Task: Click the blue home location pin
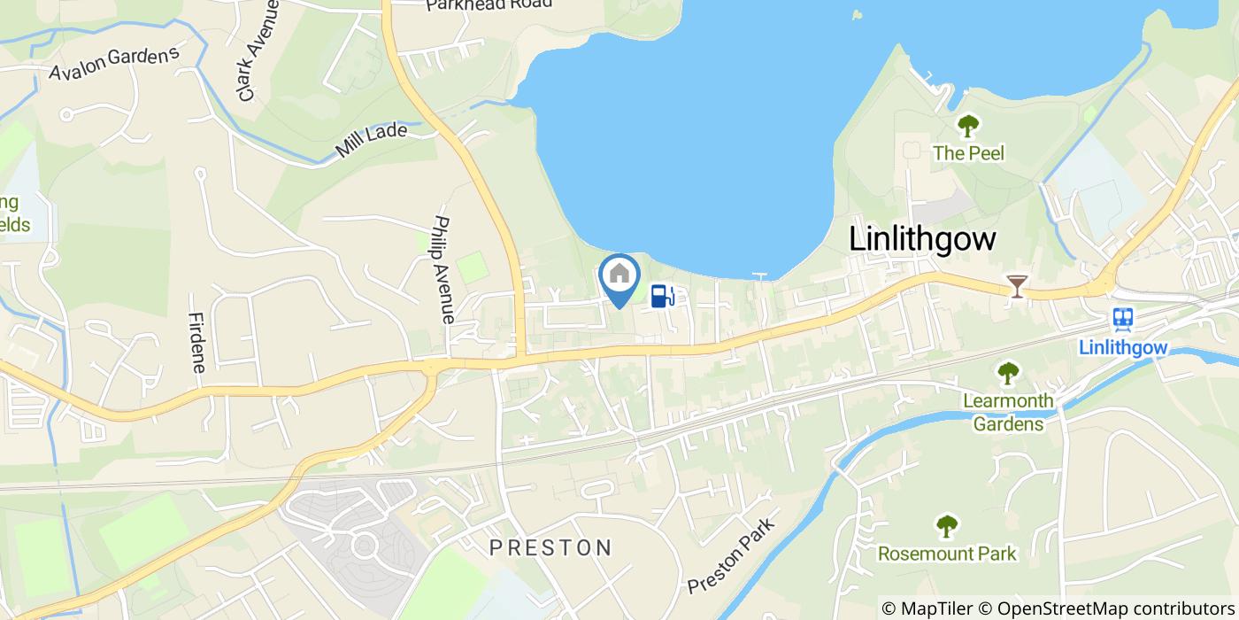coord(619,277)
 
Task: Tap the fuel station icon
coord(662,295)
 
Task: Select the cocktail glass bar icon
coord(1017,285)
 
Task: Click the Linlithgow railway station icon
coord(1123,319)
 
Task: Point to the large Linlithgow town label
coord(922,239)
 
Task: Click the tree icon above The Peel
coord(968,126)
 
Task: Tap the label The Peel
coord(968,153)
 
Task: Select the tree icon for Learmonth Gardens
coord(1008,373)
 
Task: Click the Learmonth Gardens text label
coord(1008,412)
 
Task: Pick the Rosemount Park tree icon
coord(947,526)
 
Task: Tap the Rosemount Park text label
coord(947,554)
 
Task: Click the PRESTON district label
coord(550,547)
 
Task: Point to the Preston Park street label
coord(731,555)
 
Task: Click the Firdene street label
coord(196,342)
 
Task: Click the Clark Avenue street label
coord(258,50)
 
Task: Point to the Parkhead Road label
coord(489,4)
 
